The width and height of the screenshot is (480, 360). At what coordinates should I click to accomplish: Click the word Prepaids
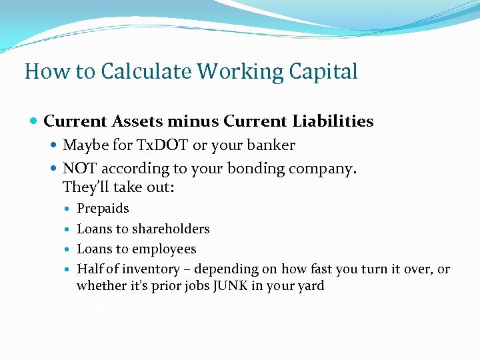pos(103,209)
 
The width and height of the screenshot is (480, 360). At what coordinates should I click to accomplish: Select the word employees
pos(164,249)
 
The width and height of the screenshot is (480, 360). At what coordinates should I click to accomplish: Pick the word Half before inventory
pos(89,269)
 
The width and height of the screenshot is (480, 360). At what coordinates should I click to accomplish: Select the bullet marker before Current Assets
pos(34,122)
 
